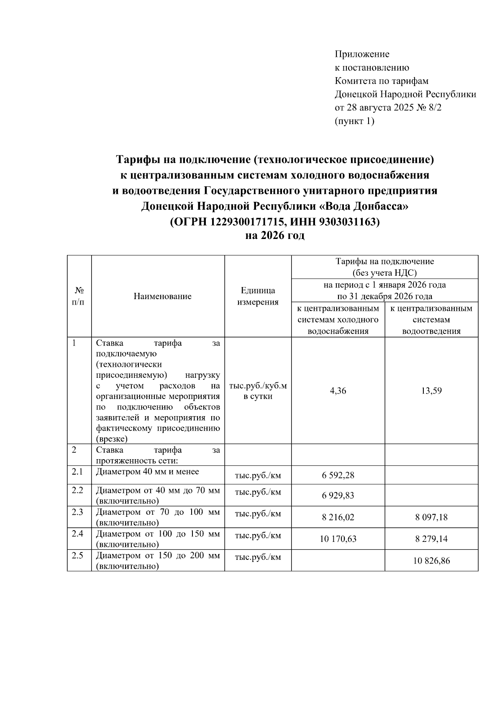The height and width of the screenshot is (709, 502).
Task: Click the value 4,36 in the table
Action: tap(338, 391)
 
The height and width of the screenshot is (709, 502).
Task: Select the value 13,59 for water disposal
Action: tap(431, 391)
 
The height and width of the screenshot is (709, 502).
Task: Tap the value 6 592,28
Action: tap(338, 475)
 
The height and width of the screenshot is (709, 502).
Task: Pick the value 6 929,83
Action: tap(338, 496)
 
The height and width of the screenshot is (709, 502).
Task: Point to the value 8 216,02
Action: tap(338, 517)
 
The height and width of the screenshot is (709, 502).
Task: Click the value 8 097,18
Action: tap(431, 517)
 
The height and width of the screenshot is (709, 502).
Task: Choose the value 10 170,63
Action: tap(338, 539)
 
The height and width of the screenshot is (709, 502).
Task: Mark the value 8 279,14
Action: tap(431, 539)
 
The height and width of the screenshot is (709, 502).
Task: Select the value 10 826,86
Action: tap(431, 561)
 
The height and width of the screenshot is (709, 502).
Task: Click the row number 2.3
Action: tap(77, 512)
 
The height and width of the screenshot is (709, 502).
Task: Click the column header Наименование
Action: tap(162, 296)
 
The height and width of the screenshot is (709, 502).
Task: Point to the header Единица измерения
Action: tap(258, 296)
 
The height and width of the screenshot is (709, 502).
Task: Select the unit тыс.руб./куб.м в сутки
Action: tap(258, 391)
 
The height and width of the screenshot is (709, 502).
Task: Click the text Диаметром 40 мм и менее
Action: tap(147, 472)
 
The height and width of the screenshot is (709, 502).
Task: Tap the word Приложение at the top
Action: tap(362, 54)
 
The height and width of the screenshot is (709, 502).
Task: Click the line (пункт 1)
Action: tap(354, 121)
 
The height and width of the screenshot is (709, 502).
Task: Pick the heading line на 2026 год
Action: tap(274, 236)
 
